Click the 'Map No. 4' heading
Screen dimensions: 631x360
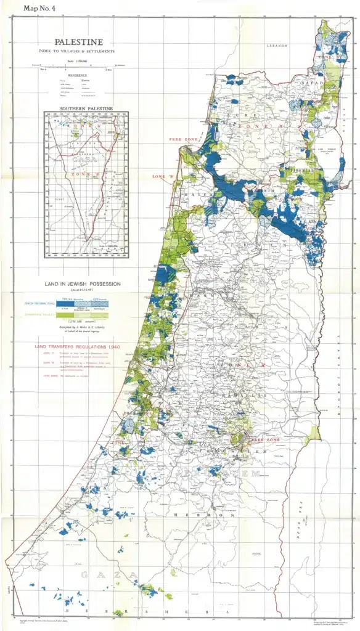(x=39, y=8)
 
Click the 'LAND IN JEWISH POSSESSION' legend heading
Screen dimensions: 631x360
(x=83, y=284)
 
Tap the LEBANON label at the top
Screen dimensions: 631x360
(x=277, y=46)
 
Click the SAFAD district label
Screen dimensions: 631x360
(x=308, y=82)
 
